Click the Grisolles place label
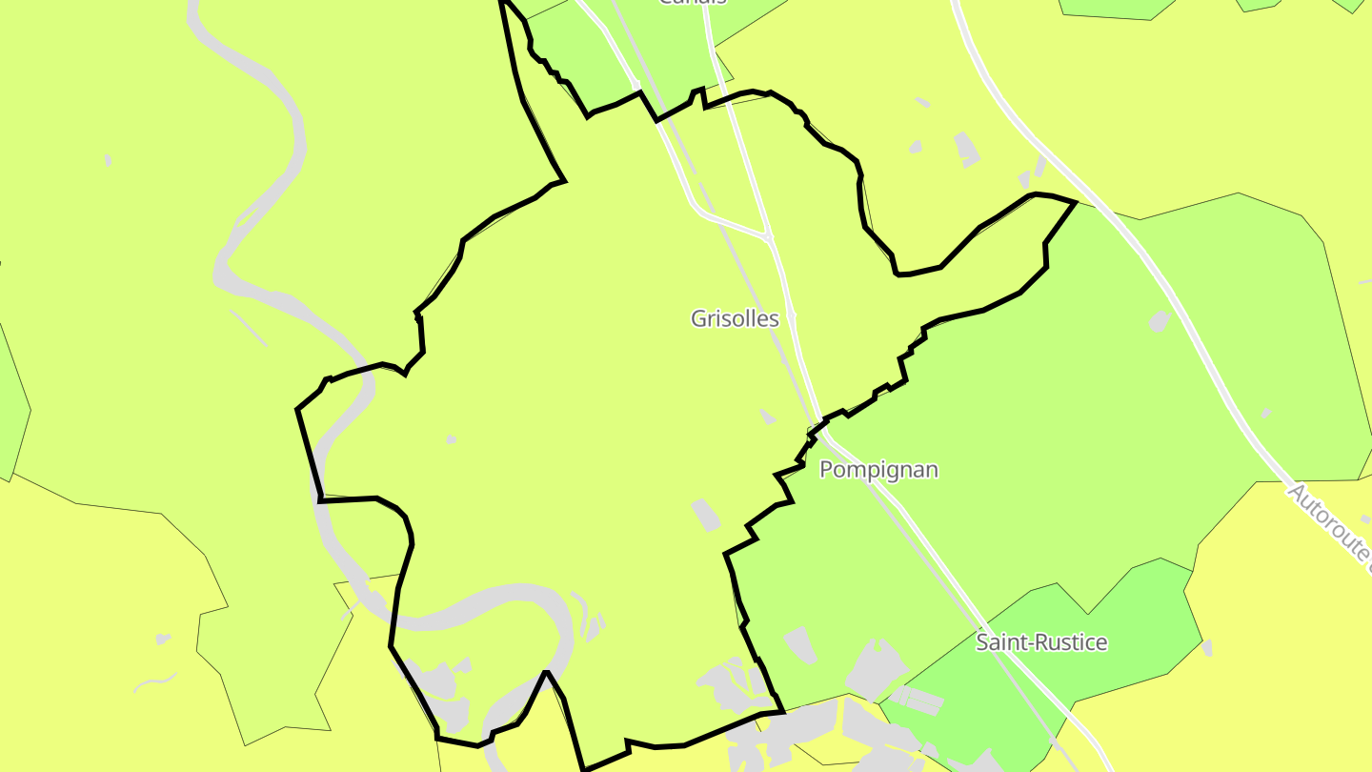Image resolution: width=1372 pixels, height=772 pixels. [735, 318]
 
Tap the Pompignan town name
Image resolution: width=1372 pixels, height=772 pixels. [878, 469]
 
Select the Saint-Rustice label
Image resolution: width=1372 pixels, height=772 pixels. [1041, 642]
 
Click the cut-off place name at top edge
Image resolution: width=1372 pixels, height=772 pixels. [693, 3]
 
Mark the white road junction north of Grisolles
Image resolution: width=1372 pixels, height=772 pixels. [767, 235]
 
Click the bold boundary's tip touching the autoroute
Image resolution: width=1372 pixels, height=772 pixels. [1076, 202]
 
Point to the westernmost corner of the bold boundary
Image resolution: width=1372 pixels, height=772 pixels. [298, 410]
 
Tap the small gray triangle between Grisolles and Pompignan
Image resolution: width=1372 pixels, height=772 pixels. [767, 416]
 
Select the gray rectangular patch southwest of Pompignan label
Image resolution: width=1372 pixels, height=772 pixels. [706, 515]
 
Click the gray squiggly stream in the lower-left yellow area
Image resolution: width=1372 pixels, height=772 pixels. [155, 682]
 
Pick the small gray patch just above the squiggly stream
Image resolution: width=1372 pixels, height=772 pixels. [162, 639]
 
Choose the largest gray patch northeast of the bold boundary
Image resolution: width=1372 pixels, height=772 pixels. [967, 149]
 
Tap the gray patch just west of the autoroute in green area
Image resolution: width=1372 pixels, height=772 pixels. [1160, 321]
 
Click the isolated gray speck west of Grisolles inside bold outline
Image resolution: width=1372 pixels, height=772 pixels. [451, 439]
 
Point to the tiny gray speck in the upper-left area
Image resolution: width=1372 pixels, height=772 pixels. [108, 160]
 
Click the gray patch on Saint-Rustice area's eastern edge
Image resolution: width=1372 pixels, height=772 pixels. [1207, 648]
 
